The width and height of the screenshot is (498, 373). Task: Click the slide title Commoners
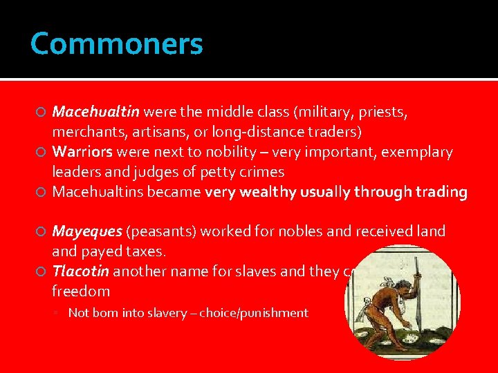click(116, 44)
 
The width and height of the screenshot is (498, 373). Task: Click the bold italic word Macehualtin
click(96, 112)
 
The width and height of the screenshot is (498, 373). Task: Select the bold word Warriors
click(83, 152)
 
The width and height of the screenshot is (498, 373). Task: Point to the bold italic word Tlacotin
click(81, 271)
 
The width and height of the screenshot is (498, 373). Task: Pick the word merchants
click(84, 131)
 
